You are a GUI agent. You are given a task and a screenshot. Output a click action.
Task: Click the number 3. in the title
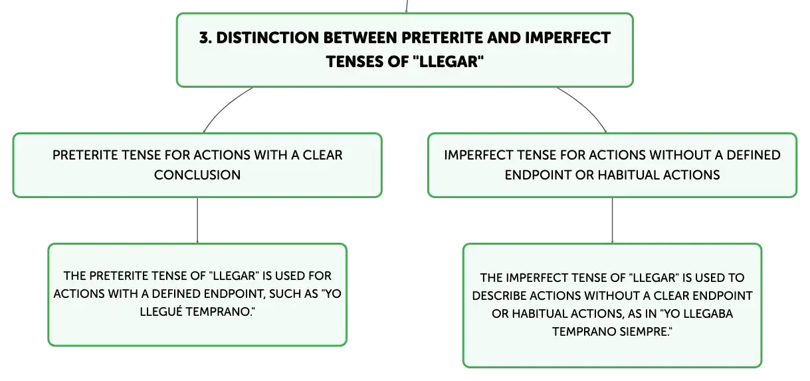205,38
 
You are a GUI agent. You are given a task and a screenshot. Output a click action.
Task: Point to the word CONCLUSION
197,175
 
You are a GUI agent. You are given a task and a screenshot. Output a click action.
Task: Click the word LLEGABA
708,314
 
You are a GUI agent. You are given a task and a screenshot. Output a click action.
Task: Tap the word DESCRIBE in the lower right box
498,296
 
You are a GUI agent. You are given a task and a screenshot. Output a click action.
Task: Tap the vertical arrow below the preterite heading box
197,220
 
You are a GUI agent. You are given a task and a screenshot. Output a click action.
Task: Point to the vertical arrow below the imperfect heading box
612,220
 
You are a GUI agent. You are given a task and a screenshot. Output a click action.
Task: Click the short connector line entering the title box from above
407,6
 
